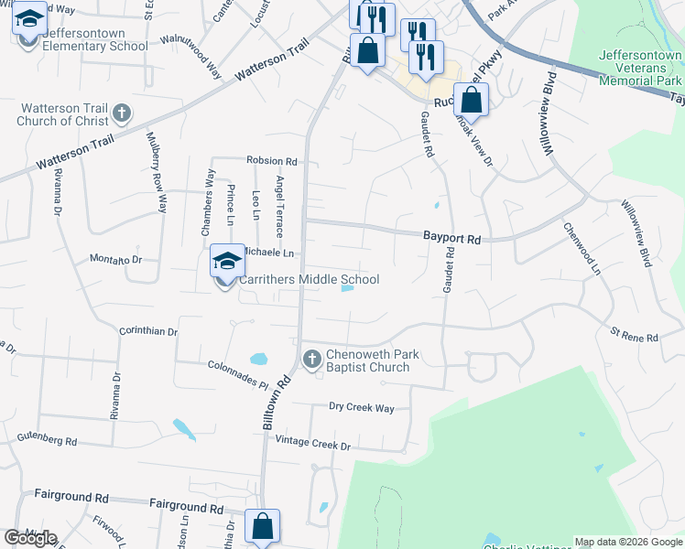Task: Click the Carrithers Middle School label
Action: (x=310, y=280)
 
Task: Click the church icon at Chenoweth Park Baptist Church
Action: (x=311, y=360)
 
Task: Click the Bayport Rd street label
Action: (x=451, y=238)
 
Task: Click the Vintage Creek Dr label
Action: (x=313, y=446)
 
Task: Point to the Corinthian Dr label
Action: (x=148, y=330)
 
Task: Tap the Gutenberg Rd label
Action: (x=47, y=440)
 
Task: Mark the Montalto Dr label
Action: (x=116, y=260)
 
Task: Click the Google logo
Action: (x=31, y=538)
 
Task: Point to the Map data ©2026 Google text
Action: (x=628, y=542)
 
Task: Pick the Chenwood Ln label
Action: (x=582, y=249)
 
